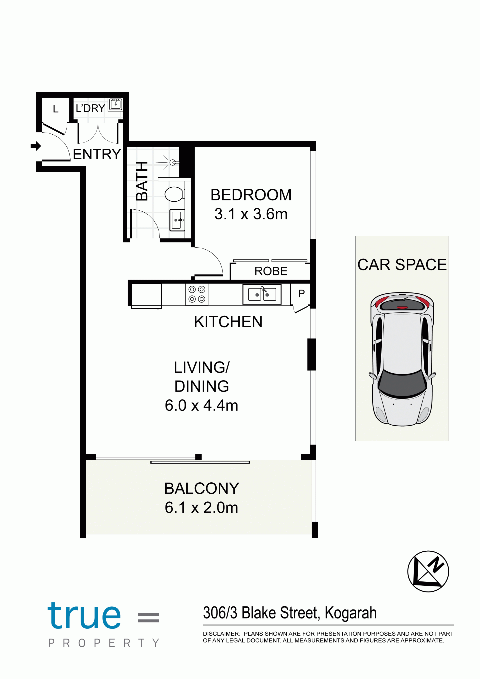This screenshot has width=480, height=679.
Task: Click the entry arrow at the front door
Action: [36, 146]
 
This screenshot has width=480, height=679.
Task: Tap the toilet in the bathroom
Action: [175, 194]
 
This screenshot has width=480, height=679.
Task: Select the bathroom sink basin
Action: [177, 220]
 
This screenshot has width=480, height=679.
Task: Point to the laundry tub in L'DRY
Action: [115, 104]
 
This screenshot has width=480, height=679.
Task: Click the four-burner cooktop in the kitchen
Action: [197, 294]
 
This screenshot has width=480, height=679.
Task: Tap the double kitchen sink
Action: [262, 294]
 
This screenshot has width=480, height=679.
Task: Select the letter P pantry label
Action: [301, 293]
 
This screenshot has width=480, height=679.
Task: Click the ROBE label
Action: [271, 271]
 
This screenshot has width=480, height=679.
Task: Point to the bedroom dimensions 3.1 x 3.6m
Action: [251, 214]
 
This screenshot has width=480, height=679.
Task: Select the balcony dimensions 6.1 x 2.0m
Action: [201, 507]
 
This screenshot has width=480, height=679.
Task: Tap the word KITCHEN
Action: [228, 322]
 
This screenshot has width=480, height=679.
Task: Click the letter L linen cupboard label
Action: [55, 109]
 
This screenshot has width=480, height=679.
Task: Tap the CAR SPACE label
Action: [402, 264]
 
